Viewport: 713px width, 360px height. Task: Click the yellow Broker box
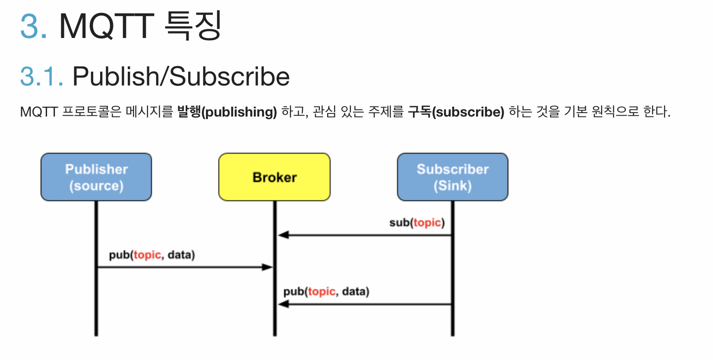click(x=274, y=177)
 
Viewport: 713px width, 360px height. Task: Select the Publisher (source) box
click(x=96, y=177)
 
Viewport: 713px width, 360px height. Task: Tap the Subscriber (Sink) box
click(x=452, y=177)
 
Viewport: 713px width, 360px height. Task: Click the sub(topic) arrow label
click(x=416, y=223)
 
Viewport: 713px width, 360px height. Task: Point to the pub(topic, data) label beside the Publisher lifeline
click(x=152, y=255)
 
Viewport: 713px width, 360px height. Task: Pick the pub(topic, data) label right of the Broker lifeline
click(x=326, y=292)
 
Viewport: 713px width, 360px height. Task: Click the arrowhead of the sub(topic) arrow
click(x=283, y=235)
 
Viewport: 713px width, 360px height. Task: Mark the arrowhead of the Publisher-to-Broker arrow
click(x=268, y=267)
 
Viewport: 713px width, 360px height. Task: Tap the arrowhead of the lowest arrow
click(x=283, y=304)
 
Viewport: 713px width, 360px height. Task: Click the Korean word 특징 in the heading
click(x=193, y=26)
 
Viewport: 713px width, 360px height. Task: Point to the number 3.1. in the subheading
click(x=42, y=77)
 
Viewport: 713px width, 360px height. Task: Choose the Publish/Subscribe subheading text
click(x=181, y=77)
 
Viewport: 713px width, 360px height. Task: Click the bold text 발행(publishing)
click(x=227, y=112)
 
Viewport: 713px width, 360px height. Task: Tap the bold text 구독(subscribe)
click(x=456, y=112)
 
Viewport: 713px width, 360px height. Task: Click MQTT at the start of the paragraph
click(x=39, y=112)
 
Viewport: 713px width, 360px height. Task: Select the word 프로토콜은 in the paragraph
click(x=91, y=112)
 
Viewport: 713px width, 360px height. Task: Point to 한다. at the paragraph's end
click(x=656, y=112)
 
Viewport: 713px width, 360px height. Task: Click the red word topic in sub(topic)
click(x=427, y=223)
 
